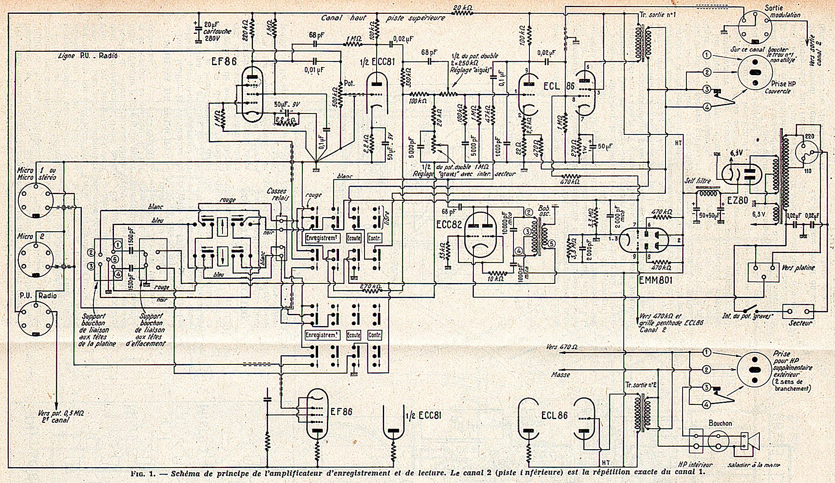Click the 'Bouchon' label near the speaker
(720, 423)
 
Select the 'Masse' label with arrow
(560, 374)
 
